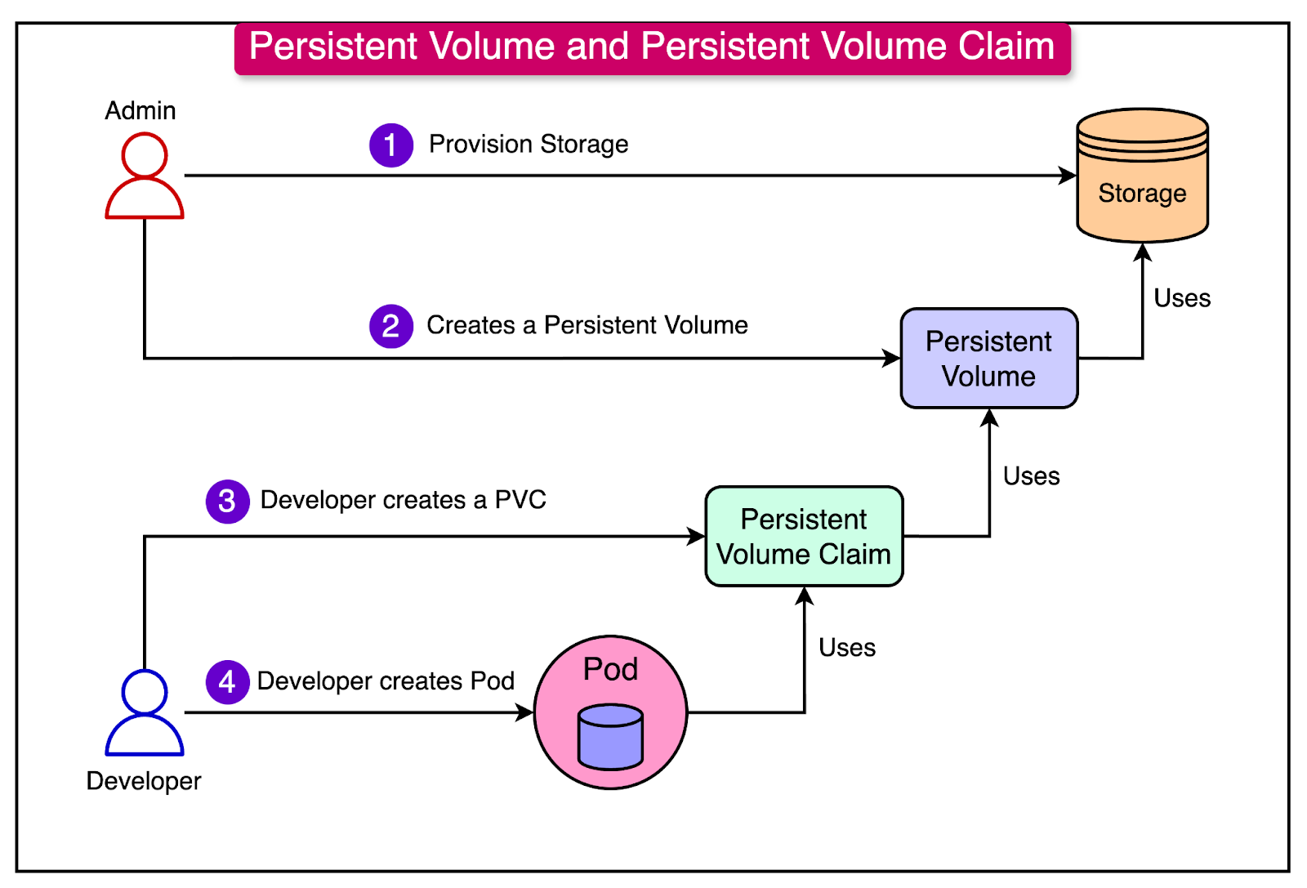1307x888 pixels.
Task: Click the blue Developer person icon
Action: tap(145, 712)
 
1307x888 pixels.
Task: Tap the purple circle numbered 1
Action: tap(391, 145)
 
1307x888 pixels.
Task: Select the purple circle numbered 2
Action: tap(391, 326)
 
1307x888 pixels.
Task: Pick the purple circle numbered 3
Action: tap(227, 501)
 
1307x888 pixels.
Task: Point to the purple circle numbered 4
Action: tap(227, 681)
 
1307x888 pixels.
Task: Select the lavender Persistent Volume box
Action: tap(989, 359)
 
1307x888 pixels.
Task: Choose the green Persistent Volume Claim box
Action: tap(804, 537)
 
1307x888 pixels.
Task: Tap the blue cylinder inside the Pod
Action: tap(610, 737)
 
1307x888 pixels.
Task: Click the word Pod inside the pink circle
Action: tap(610, 670)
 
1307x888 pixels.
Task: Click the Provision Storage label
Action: tap(529, 145)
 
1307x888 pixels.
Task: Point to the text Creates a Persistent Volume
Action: tap(587, 325)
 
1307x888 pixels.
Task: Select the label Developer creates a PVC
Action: tap(403, 500)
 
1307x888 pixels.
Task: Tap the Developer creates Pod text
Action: tap(386, 681)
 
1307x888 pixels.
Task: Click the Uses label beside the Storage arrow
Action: tap(1182, 298)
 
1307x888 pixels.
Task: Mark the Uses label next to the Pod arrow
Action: tap(847, 648)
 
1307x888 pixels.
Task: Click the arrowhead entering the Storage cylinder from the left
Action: tap(1068, 176)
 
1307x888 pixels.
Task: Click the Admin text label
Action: tap(141, 110)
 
